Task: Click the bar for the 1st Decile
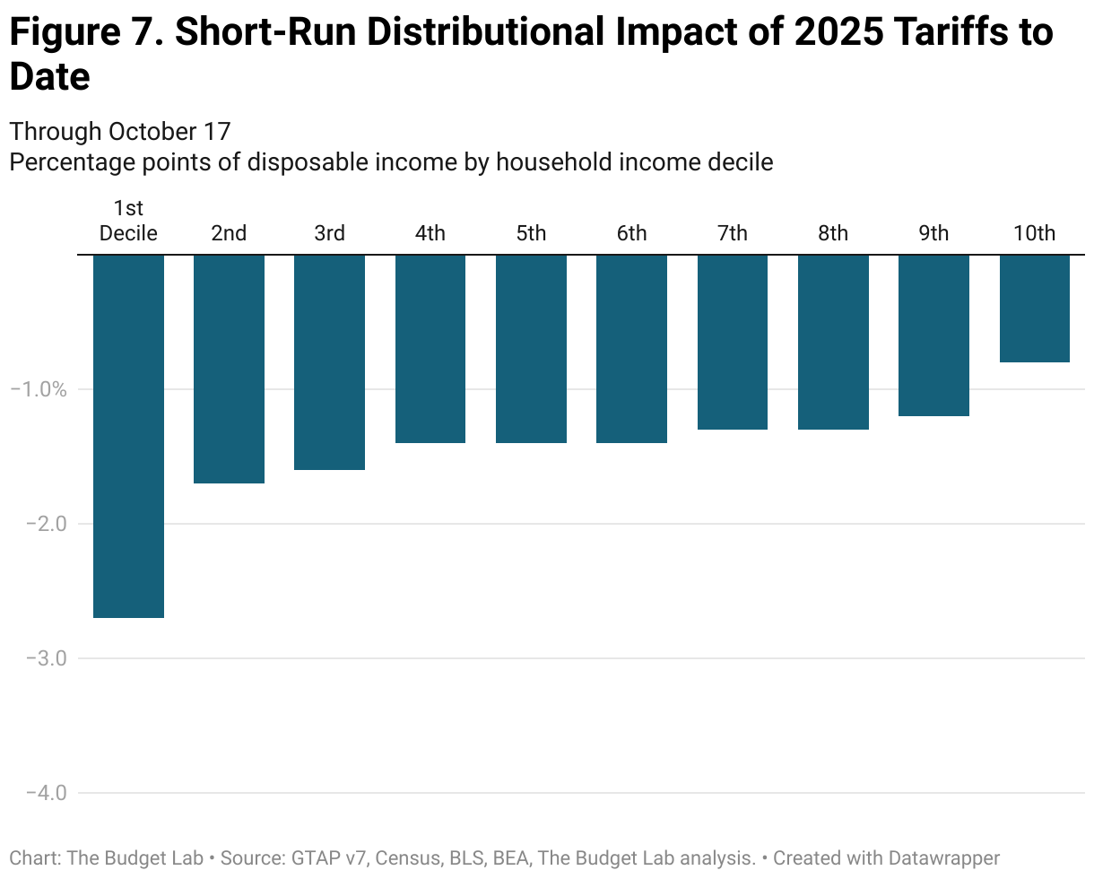coord(128,436)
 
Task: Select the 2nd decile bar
coord(229,369)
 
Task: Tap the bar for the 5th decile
coord(531,349)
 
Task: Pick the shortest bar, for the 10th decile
coord(1034,309)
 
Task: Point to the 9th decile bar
coord(933,335)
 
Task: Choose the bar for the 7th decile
coord(732,342)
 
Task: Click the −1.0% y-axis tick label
coord(38,389)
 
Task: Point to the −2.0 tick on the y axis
coord(38,524)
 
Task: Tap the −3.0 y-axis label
coord(38,658)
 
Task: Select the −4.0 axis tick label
coord(38,793)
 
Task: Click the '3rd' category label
coord(330,233)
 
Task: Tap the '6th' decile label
coord(631,233)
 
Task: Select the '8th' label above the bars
coord(833,233)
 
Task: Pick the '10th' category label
coord(1034,233)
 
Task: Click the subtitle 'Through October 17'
coord(120,132)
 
